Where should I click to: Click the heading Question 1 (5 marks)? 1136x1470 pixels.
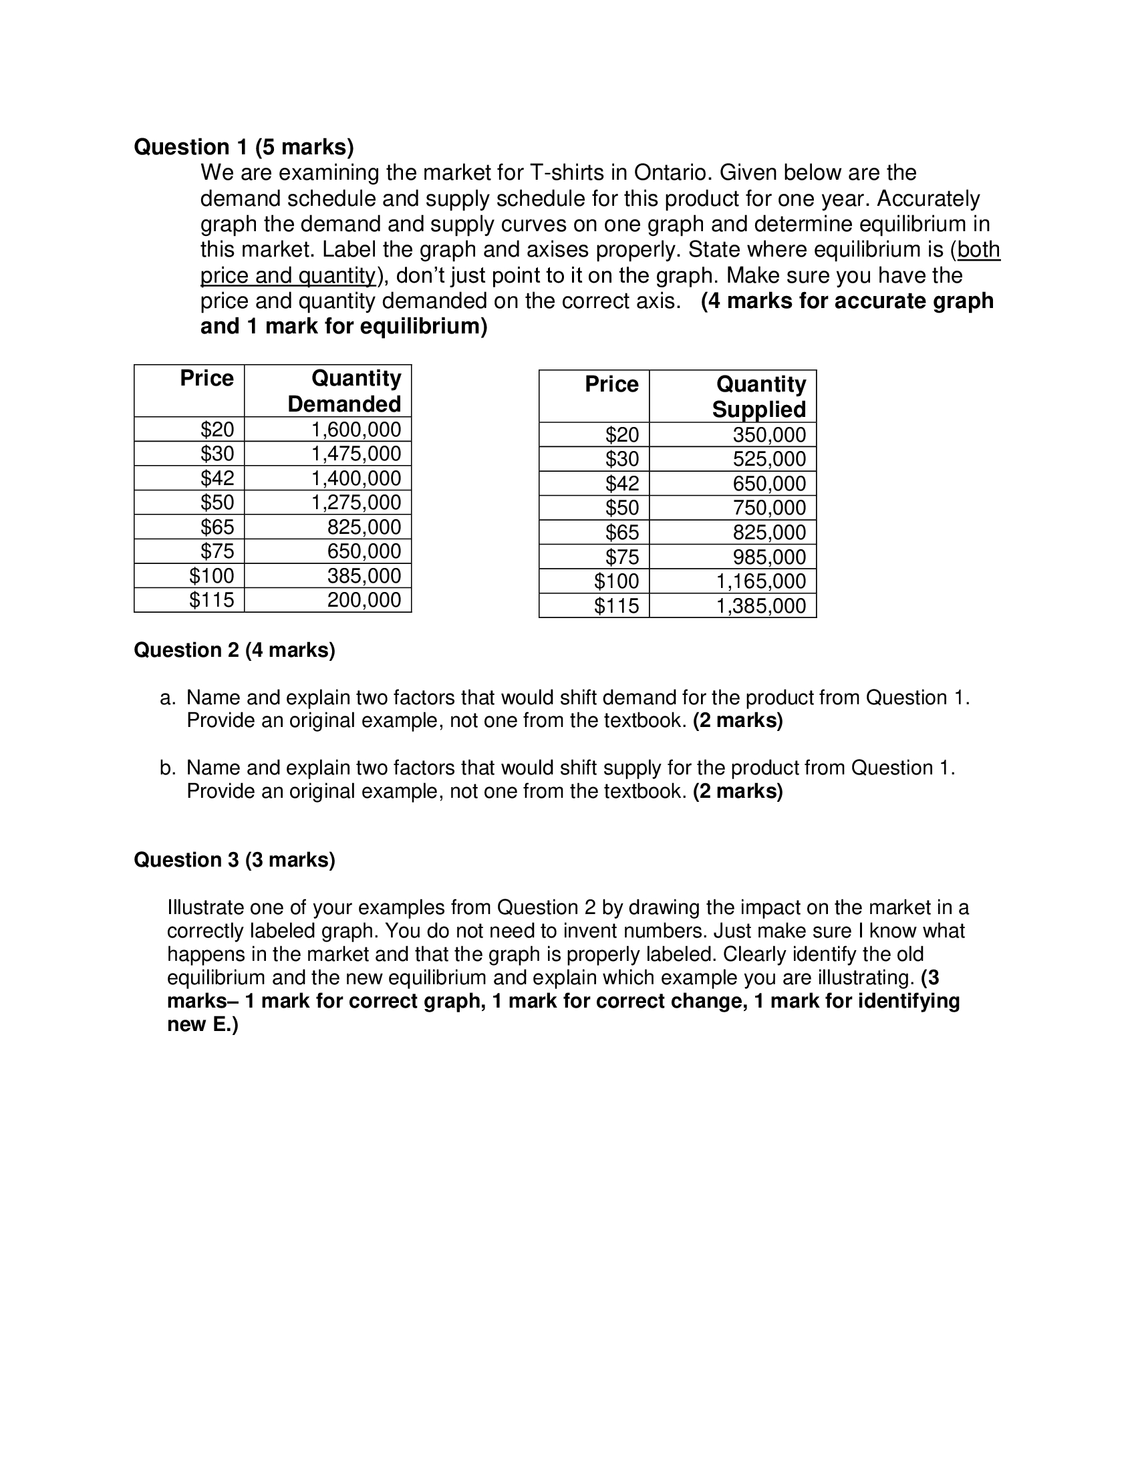coord(244,147)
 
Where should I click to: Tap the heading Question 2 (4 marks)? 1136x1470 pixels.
coord(234,649)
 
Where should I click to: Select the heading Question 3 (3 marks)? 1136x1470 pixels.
coord(234,859)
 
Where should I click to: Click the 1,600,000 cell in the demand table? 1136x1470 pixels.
coord(356,430)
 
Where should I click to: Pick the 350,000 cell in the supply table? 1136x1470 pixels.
coord(768,435)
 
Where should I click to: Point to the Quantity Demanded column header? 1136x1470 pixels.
coord(345,391)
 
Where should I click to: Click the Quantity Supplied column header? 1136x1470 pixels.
coord(760,396)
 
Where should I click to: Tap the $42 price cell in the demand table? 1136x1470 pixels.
coord(217,478)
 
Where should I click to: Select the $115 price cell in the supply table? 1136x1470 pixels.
coord(616,606)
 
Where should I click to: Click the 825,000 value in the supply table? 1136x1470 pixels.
coord(768,533)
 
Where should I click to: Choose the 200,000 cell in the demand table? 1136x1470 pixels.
coord(364,600)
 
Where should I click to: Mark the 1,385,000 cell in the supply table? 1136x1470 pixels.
coord(760,606)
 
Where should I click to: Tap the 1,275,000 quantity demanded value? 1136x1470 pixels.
coord(356,502)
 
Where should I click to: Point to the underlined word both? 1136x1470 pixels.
coord(978,250)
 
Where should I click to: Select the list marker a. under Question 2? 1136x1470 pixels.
coord(167,698)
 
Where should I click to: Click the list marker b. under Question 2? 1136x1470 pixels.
coord(167,768)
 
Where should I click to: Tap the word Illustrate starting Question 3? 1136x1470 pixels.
coord(205,907)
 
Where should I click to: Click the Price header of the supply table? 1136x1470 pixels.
coord(611,384)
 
